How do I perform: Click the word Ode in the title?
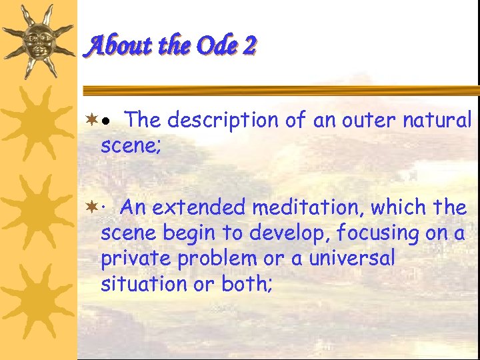214,45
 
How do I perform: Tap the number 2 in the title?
249,45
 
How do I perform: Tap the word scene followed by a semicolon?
129,146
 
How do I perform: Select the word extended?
197,208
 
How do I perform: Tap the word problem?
213,259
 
